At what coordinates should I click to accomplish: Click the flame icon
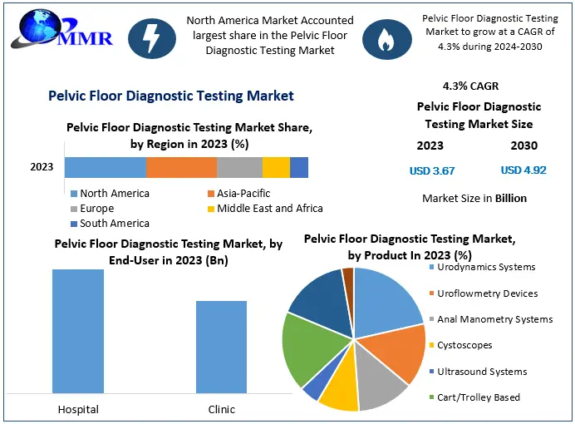point(384,38)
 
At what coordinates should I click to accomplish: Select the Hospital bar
point(78,330)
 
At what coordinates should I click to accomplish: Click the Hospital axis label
point(78,409)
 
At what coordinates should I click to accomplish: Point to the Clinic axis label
point(221,409)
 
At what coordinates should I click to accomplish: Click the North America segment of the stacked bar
point(105,167)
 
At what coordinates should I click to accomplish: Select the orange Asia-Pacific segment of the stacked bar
point(181,167)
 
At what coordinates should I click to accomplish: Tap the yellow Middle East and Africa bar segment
point(276,167)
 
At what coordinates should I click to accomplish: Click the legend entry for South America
point(114,223)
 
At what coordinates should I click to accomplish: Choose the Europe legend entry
point(97,208)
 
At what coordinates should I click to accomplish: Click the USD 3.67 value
point(431,170)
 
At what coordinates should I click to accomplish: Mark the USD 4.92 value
point(523,170)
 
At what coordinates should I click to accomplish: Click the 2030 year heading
point(523,145)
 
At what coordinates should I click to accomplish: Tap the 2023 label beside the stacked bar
point(42,167)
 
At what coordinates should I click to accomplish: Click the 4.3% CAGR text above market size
point(470,86)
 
